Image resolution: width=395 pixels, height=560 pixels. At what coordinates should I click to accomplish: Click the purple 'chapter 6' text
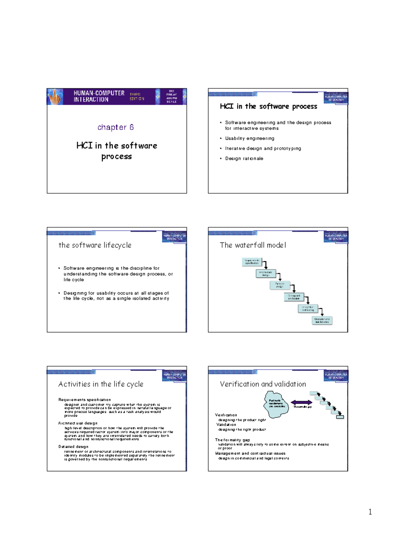[116, 127]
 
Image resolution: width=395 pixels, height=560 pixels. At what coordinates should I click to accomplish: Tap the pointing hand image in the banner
[55, 97]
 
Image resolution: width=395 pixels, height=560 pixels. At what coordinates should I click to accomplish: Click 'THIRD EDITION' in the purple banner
[137, 96]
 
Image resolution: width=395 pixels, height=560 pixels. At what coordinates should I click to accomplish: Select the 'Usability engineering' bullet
[250, 139]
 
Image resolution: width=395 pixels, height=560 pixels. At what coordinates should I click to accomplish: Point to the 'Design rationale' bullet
[244, 159]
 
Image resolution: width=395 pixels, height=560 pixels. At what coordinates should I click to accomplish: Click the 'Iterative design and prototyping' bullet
[263, 149]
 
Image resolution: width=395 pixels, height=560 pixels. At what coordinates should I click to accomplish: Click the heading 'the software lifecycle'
[95, 245]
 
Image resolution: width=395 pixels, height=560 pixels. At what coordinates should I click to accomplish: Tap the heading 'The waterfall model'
[253, 245]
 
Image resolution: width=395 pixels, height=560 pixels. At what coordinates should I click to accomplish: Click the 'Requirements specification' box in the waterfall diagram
[252, 262]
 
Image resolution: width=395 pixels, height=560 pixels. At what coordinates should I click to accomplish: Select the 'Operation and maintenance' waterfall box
[322, 320]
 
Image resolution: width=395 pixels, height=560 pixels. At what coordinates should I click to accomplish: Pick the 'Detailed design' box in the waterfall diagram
[279, 285]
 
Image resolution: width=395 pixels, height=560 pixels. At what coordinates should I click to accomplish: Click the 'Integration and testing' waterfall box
[308, 308]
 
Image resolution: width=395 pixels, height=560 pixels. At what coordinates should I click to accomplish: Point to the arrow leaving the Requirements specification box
[265, 264]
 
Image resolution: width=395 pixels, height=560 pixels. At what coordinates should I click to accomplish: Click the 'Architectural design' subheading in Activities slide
[78, 423]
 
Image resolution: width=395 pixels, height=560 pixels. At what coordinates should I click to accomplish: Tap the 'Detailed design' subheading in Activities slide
[73, 447]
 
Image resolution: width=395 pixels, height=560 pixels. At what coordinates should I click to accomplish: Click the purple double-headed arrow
[302, 402]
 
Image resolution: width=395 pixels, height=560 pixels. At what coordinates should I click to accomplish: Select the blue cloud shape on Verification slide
[276, 404]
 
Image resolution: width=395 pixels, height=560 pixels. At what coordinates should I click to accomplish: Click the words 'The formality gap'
[232, 440]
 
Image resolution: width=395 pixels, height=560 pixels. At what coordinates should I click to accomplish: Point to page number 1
[370, 512]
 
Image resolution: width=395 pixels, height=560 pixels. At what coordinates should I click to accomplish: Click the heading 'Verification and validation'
[263, 384]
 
